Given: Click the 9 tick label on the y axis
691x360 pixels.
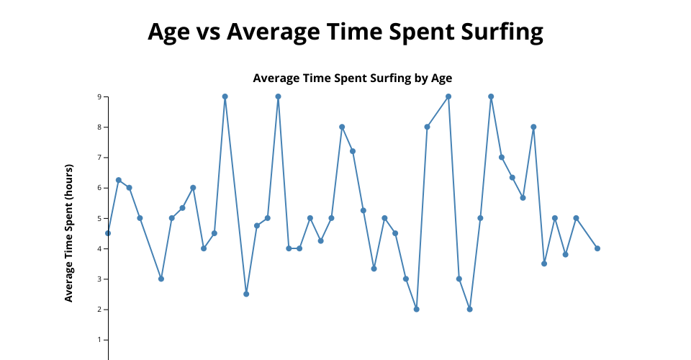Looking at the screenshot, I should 100,96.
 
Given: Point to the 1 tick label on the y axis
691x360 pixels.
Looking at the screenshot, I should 100,340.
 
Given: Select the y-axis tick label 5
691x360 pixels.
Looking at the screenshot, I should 100,218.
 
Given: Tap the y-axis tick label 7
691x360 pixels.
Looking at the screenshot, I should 100,157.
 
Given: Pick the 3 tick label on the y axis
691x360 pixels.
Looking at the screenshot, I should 100,279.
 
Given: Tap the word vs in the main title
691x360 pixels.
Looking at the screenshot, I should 208,32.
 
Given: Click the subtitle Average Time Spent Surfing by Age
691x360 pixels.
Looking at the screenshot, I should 352,78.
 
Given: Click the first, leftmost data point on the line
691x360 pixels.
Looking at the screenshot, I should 108,233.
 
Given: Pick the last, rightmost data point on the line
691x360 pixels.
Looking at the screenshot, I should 597,248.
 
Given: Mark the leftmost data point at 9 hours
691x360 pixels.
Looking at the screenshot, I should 225,96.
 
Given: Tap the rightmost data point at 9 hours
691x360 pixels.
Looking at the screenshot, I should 491,96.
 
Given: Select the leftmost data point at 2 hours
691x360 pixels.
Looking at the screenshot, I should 417,310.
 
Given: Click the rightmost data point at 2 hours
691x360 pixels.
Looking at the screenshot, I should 469,310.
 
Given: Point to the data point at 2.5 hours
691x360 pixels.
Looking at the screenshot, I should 246,294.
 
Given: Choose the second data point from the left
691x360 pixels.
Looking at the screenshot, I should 119,180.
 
